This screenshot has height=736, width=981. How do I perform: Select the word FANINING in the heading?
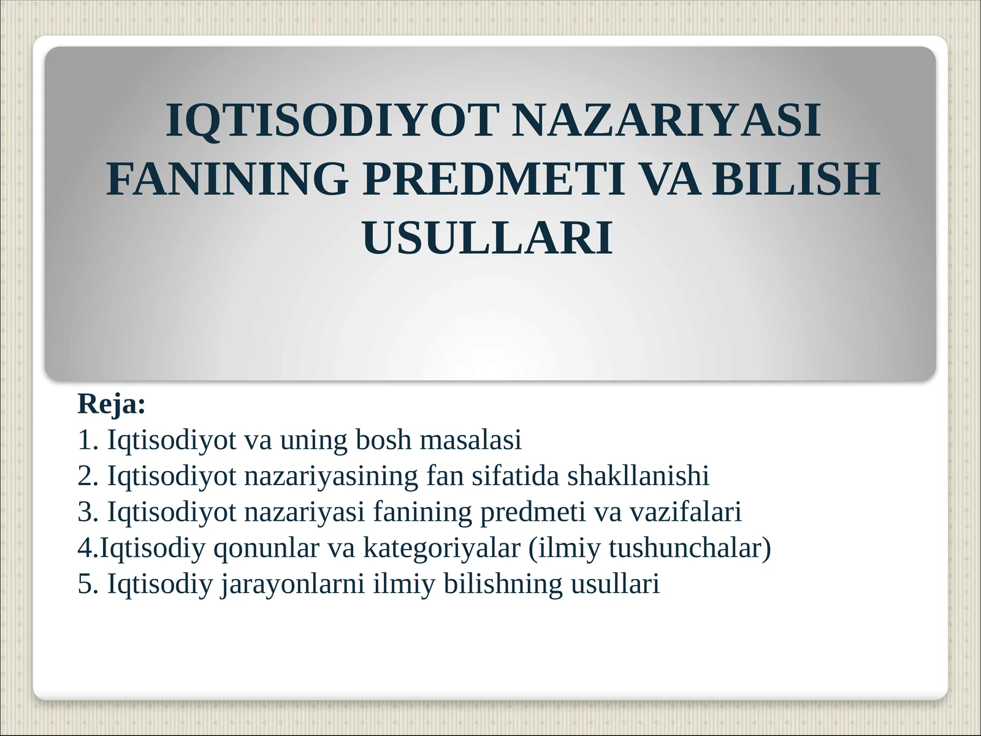227,178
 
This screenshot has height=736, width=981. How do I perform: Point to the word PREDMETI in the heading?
493,178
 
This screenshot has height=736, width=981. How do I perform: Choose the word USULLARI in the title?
487,237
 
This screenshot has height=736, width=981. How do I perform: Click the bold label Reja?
112,404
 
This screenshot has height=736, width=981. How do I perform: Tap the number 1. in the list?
88,440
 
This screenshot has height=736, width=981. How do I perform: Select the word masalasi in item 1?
471,440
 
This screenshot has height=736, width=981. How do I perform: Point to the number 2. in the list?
88,475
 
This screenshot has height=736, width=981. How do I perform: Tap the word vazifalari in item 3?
685,512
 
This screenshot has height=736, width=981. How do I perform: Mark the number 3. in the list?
88,512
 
